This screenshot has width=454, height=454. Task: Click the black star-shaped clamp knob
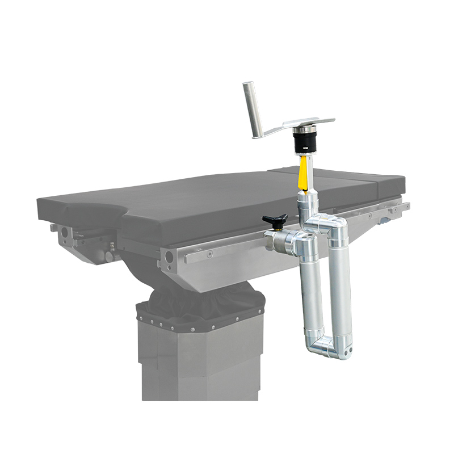pyautogui.click(x=275, y=219)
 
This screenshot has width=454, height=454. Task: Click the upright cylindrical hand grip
pyautogui.click(x=252, y=110)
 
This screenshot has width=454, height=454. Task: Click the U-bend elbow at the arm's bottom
pyautogui.click(x=327, y=343)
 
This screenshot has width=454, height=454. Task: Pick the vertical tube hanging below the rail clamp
pyautogui.click(x=311, y=289)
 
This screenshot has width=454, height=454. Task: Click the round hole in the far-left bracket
pyautogui.click(x=64, y=232)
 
